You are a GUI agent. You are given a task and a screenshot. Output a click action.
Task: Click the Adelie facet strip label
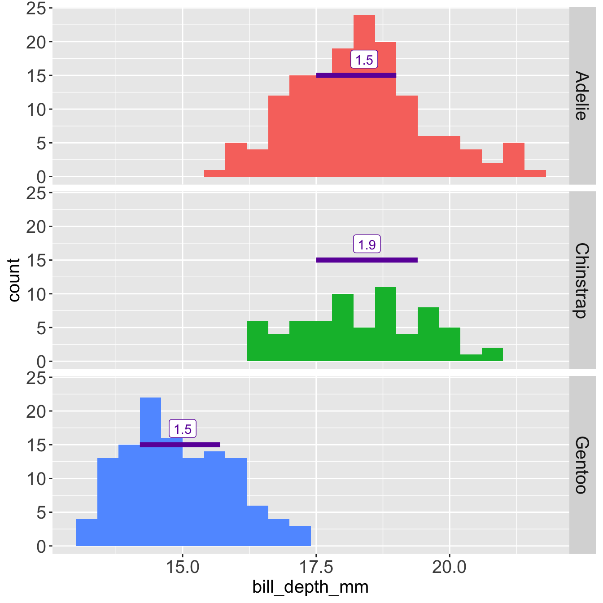(x=581, y=95)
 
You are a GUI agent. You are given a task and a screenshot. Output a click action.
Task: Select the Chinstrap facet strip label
(x=581, y=280)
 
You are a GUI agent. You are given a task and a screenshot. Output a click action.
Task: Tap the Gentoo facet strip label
(x=581, y=465)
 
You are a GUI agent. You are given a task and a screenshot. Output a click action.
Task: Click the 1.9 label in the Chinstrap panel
(x=367, y=245)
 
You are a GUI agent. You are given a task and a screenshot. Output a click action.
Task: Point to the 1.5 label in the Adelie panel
(x=364, y=60)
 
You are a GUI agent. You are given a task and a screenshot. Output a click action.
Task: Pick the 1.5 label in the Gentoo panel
(x=183, y=429)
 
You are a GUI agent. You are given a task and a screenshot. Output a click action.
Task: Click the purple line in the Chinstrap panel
(x=367, y=260)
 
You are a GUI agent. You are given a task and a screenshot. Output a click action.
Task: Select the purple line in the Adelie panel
(x=356, y=75)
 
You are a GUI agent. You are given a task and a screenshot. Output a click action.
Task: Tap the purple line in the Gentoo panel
(x=180, y=445)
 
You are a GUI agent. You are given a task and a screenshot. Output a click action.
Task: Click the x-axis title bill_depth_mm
(x=310, y=587)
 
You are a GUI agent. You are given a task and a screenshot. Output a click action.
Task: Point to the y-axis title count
(x=14, y=280)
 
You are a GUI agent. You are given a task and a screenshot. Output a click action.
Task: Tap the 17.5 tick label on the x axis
(x=316, y=568)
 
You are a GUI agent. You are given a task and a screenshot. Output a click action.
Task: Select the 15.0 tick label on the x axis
(x=182, y=568)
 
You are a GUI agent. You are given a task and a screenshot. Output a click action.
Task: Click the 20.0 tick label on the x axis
(x=449, y=568)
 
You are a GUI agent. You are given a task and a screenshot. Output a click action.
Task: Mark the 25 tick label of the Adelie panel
(x=36, y=9)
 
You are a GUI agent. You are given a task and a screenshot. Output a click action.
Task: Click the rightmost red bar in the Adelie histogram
(x=535, y=174)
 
